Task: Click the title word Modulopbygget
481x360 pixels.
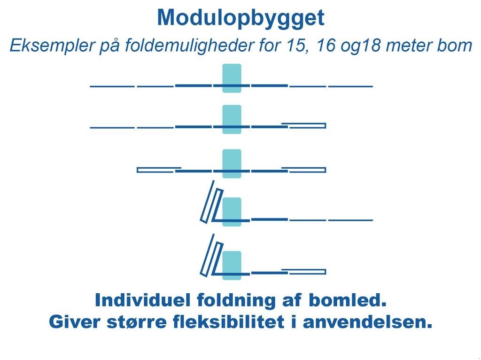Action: (240, 18)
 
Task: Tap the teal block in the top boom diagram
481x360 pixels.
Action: (232, 78)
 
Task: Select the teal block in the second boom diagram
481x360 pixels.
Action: (232, 119)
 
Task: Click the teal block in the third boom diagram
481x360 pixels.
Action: (232, 163)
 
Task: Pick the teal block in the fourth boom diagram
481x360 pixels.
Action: (232, 211)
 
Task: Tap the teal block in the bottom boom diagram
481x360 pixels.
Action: (232, 265)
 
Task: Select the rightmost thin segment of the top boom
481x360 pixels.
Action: (350, 86)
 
